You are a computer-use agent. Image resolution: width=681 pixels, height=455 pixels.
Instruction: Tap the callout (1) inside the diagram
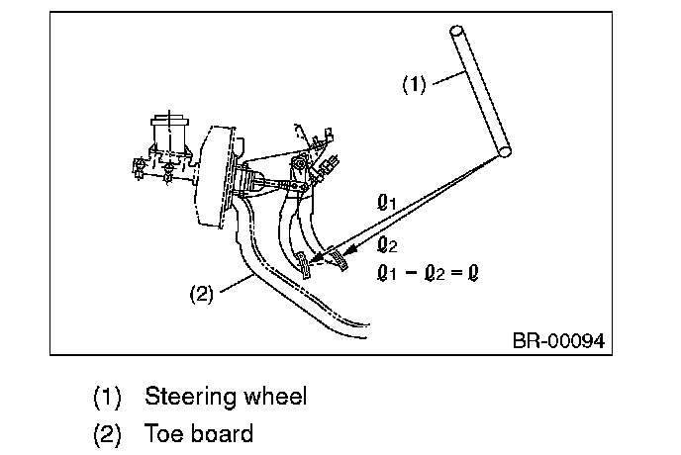tap(414, 84)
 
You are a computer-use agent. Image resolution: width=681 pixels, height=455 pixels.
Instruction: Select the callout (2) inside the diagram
tap(201, 294)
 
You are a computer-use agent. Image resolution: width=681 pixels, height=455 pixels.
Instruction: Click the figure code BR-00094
tap(557, 341)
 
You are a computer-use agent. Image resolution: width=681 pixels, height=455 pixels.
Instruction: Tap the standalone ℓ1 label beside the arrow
tap(387, 203)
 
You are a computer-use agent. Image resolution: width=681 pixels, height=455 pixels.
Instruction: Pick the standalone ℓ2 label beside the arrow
tap(387, 243)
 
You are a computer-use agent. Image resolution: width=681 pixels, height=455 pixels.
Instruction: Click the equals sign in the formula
tap(456, 271)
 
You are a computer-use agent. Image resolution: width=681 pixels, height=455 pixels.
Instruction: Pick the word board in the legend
tap(223, 433)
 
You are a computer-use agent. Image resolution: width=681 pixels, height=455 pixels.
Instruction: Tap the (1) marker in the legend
tap(106, 398)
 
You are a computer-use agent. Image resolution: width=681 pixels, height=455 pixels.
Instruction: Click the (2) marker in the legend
tap(106, 433)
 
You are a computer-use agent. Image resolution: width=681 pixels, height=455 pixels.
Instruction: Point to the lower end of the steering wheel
tap(507, 150)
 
